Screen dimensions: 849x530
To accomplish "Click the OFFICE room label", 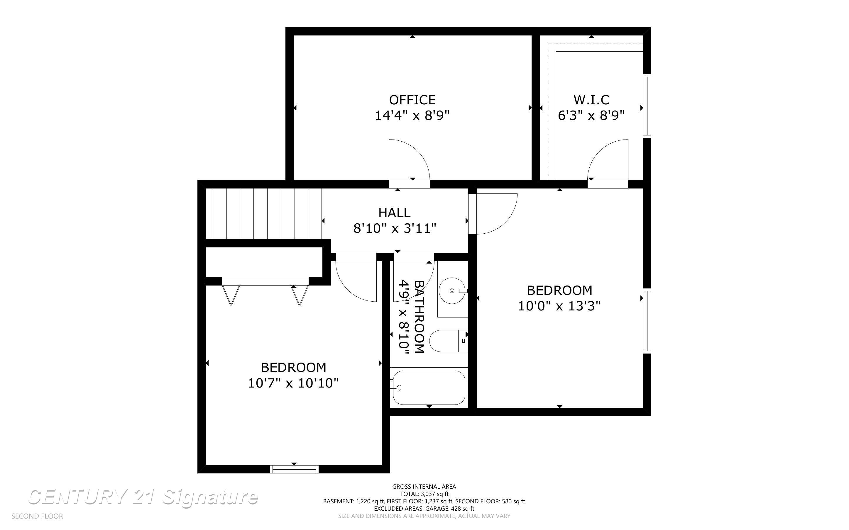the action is (412, 100).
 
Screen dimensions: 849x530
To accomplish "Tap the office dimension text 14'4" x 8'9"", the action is (412, 115).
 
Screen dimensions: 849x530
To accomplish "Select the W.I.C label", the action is (591, 100).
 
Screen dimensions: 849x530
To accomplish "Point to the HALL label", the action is (395, 213).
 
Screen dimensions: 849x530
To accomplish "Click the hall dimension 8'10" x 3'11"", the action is (395, 229).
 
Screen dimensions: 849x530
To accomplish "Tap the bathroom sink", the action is (453, 291).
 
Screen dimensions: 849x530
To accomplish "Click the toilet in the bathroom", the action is (449, 341).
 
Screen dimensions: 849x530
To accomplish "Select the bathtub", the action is (429, 388).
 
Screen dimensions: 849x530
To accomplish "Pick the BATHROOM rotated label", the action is (420, 317).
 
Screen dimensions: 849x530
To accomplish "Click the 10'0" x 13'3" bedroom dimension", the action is (559, 306).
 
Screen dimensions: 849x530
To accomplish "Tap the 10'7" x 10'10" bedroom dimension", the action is (293, 383).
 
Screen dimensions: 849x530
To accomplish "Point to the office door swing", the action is (409, 160).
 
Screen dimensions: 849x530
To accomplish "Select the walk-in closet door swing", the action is (608, 160).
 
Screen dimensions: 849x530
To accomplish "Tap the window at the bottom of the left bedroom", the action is (294, 469).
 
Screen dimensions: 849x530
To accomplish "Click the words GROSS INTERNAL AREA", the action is (424, 487).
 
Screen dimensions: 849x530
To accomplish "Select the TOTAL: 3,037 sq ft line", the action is (424, 494).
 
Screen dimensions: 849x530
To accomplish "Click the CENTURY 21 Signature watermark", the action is (143, 497).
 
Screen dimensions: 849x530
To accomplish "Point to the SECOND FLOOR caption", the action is (37, 516).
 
